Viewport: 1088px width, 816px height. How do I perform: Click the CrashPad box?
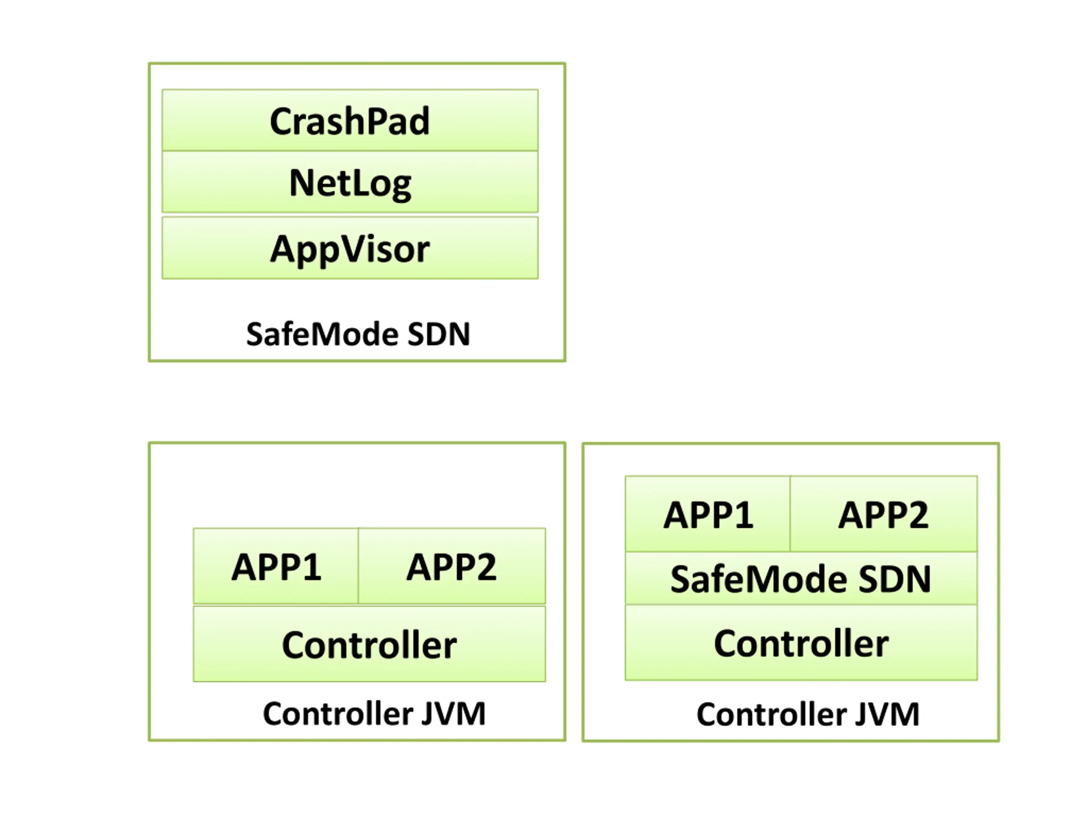(x=350, y=120)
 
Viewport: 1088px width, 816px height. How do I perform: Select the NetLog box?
(x=350, y=182)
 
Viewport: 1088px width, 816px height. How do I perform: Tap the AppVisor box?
(x=350, y=248)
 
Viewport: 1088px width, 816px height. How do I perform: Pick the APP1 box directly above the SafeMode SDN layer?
(x=708, y=513)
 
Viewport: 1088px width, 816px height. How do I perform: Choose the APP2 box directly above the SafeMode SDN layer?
(x=884, y=513)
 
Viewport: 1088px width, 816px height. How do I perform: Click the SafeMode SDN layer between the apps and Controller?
(x=801, y=578)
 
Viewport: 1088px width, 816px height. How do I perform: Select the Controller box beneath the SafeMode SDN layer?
(x=801, y=642)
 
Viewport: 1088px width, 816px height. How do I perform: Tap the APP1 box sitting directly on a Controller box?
(x=276, y=566)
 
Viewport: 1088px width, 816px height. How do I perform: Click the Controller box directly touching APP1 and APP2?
(x=369, y=644)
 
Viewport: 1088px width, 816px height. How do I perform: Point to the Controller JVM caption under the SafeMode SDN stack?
(x=807, y=714)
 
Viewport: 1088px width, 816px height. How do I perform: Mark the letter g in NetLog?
(x=400, y=187)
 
